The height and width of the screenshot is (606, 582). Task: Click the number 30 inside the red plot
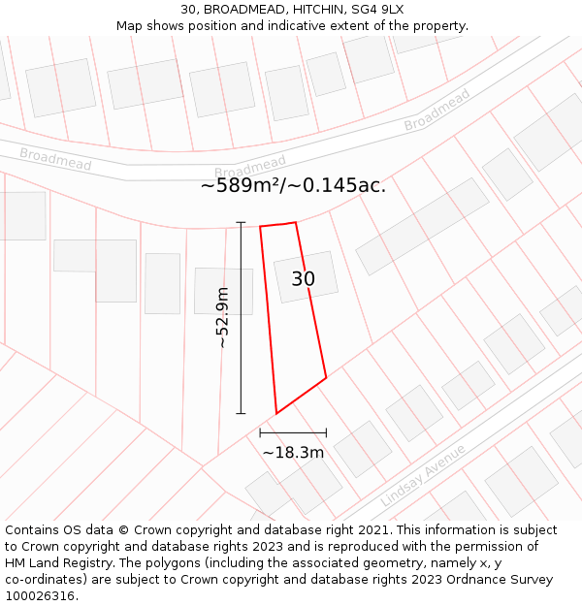303,279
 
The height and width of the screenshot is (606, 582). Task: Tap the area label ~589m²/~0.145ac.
293,186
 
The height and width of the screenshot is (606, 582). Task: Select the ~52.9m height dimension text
222,317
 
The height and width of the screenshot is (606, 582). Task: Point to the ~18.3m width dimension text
293,452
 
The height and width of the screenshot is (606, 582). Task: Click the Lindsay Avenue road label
423,475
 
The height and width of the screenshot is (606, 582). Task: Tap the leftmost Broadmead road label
55,159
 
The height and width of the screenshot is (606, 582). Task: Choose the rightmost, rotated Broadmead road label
436,110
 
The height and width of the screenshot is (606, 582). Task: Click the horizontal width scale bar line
293,432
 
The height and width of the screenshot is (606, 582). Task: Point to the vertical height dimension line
241,317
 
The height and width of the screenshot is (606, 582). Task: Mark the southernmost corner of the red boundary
276,414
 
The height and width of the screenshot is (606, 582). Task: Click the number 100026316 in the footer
40,595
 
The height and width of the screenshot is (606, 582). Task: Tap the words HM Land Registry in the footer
56,563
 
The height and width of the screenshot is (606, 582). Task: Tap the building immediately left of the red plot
223,290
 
